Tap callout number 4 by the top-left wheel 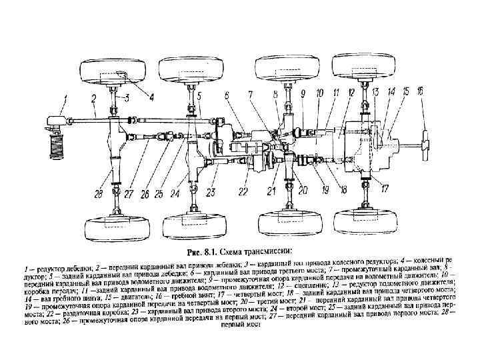(151, 97)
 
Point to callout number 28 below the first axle (99, 194)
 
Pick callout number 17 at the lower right (385, 189)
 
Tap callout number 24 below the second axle (175, 195)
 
